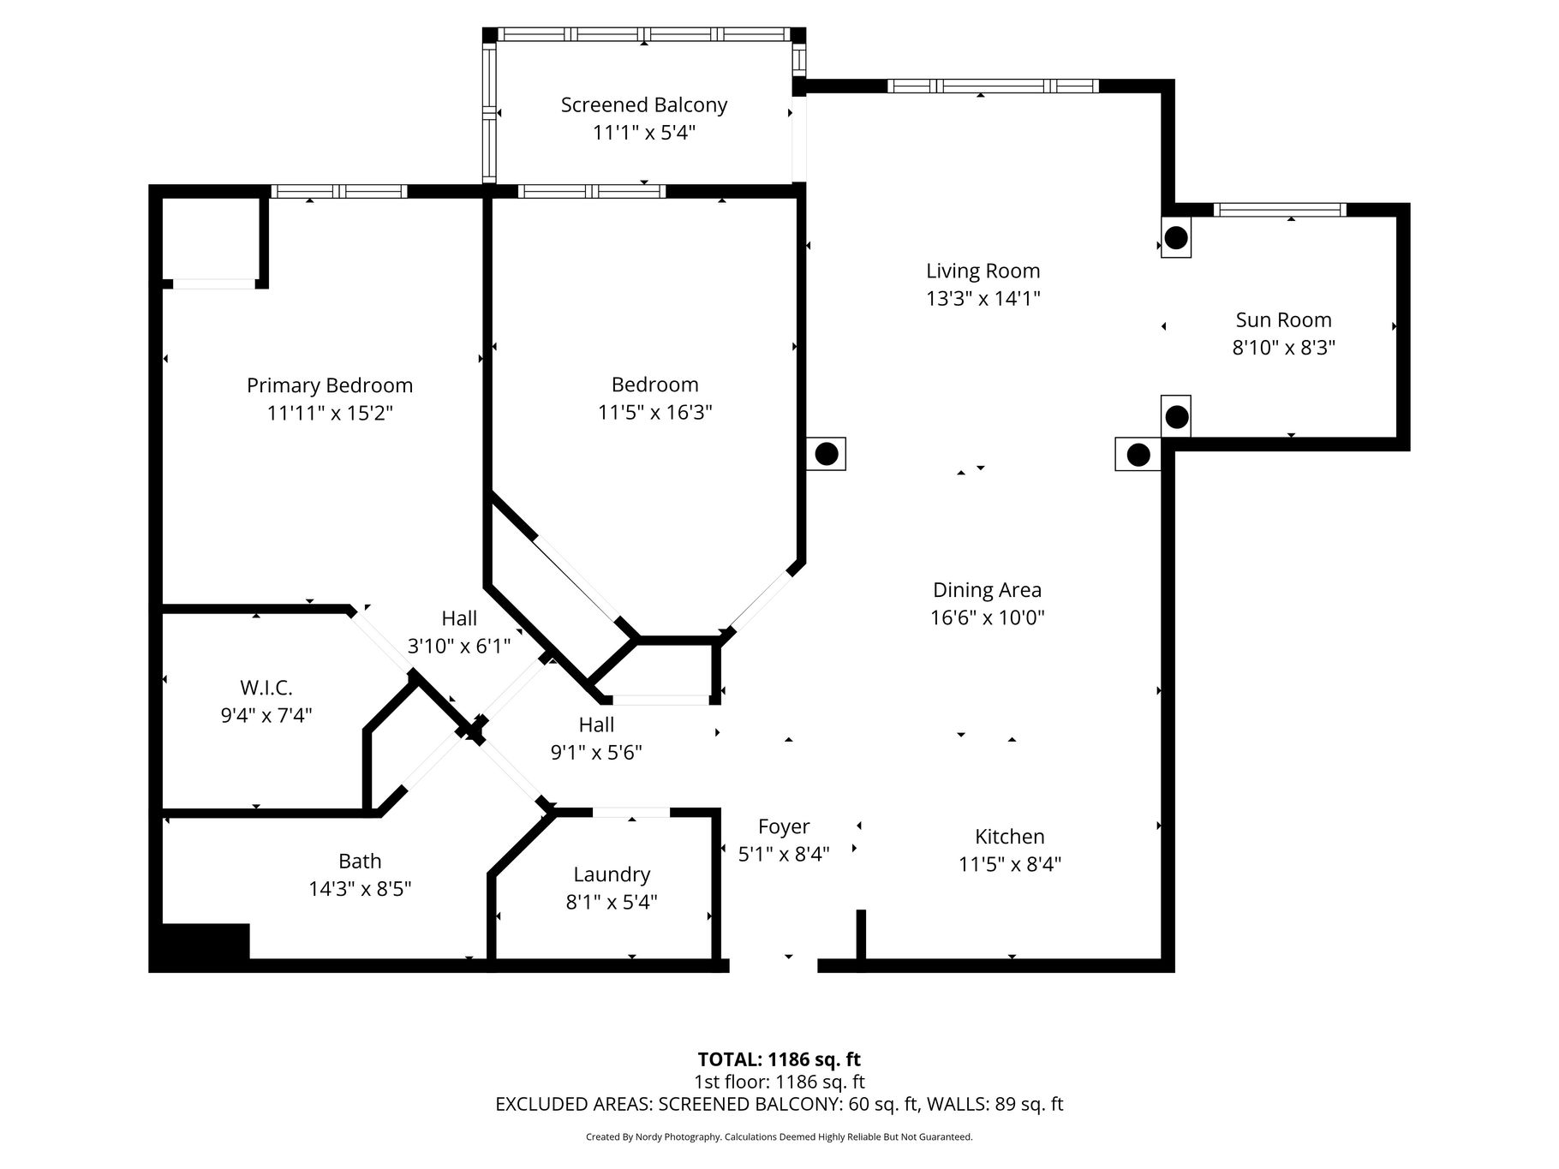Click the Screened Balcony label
coord(644,105)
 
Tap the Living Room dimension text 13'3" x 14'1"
coord(983,299)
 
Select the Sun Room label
coord(1283,320)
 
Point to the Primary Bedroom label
coord(330,386)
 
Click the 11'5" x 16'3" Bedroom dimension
coord(655,413)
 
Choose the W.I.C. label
coord(266,688)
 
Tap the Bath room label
coord(360,862)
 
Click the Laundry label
coord(612,874)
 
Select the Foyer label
coord(784,827)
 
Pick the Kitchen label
coord(1010,837)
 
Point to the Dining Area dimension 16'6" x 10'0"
coord(988,617)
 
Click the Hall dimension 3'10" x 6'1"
coord(459,646)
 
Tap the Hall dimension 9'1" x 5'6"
coord(596,753)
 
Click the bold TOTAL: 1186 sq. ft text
coord(779,1060)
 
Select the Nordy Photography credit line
coord(779,1137)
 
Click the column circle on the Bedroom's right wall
coord(827,454)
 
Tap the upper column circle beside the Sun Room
coord(1176,237)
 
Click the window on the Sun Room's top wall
coord(1281,210)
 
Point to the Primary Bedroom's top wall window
coord(339,191)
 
